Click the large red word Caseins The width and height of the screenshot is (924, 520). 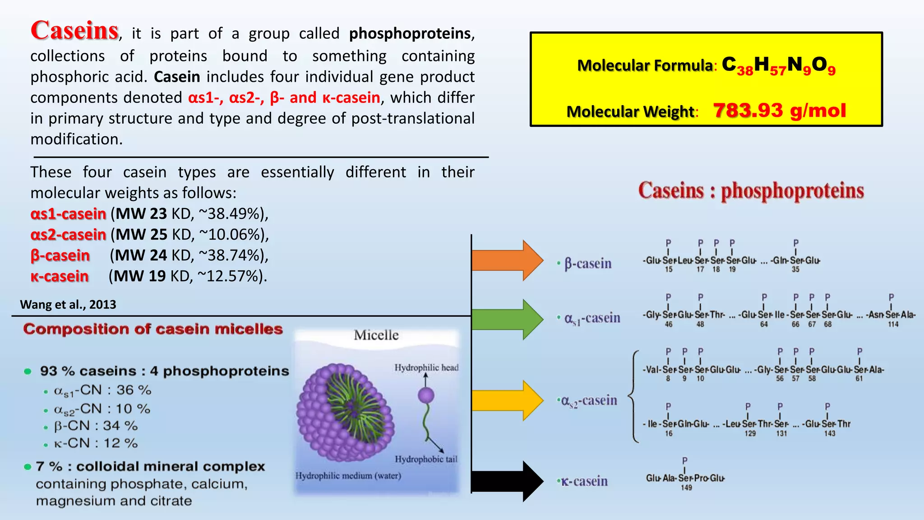coord(74,31)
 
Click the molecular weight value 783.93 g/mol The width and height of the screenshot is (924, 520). coord(779,111)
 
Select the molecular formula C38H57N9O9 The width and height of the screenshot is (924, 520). coord(778,66)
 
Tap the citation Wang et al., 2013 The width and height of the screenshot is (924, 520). coord(68,305)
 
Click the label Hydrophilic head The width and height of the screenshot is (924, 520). coord(426,367)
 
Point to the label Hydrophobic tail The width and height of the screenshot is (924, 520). coord(426,459)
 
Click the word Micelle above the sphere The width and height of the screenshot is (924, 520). coord(376,335)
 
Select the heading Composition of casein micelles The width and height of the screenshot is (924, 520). coord(153,329)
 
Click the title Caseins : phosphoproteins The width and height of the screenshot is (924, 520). coord(751,190)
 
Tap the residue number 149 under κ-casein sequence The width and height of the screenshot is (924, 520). coord(686,487)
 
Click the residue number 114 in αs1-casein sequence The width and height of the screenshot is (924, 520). coord(893,324)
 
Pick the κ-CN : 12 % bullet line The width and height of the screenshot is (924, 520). coord(96,443)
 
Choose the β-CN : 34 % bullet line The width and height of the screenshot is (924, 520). coord(96,426)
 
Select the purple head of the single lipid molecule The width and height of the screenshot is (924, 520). coord(426,395)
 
